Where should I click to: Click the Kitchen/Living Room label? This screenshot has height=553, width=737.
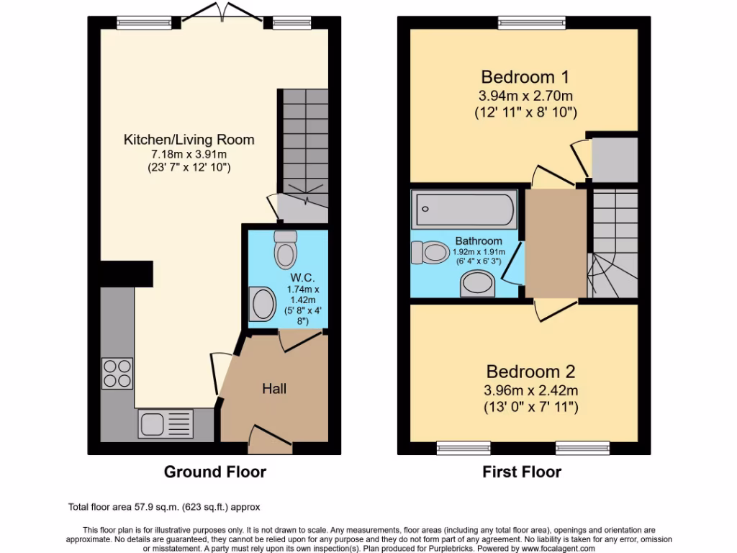point(189,140)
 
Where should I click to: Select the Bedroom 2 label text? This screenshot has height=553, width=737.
point(530,372)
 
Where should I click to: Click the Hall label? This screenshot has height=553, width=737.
point(273,389)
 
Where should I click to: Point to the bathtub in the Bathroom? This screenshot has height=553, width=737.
point(464,210)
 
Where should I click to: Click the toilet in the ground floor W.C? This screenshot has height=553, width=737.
point(286,249)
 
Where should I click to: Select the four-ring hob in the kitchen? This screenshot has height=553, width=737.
point(118,374)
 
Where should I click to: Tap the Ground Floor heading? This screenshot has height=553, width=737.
point(214,472)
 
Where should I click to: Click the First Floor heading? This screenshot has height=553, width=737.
point(522,472)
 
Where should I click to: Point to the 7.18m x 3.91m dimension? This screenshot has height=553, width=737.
point(189,154)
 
